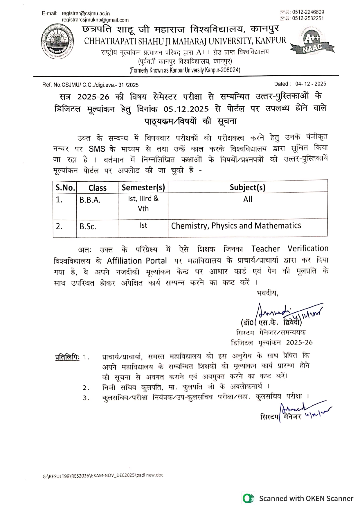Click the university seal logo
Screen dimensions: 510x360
[57, 42]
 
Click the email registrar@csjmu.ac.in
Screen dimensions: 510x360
[86, 14]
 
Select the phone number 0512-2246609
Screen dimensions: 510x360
[308, 12]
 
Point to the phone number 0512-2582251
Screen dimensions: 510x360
[308, 18]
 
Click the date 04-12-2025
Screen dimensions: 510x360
[311, 84]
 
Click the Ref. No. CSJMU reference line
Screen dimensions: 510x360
[90, 85]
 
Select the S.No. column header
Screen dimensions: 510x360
[65, 188]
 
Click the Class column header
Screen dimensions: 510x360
[98, 188]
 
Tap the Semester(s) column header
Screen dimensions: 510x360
[143, 187]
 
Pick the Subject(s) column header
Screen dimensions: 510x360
[247, 187]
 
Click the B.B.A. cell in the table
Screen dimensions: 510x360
[90, 200]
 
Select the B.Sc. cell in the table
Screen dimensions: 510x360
[88, 227]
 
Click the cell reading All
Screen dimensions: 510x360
[248, 199]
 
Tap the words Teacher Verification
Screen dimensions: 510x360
[290, 249]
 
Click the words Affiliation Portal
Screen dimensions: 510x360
[137, 261]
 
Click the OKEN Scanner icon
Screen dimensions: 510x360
[248, 498]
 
